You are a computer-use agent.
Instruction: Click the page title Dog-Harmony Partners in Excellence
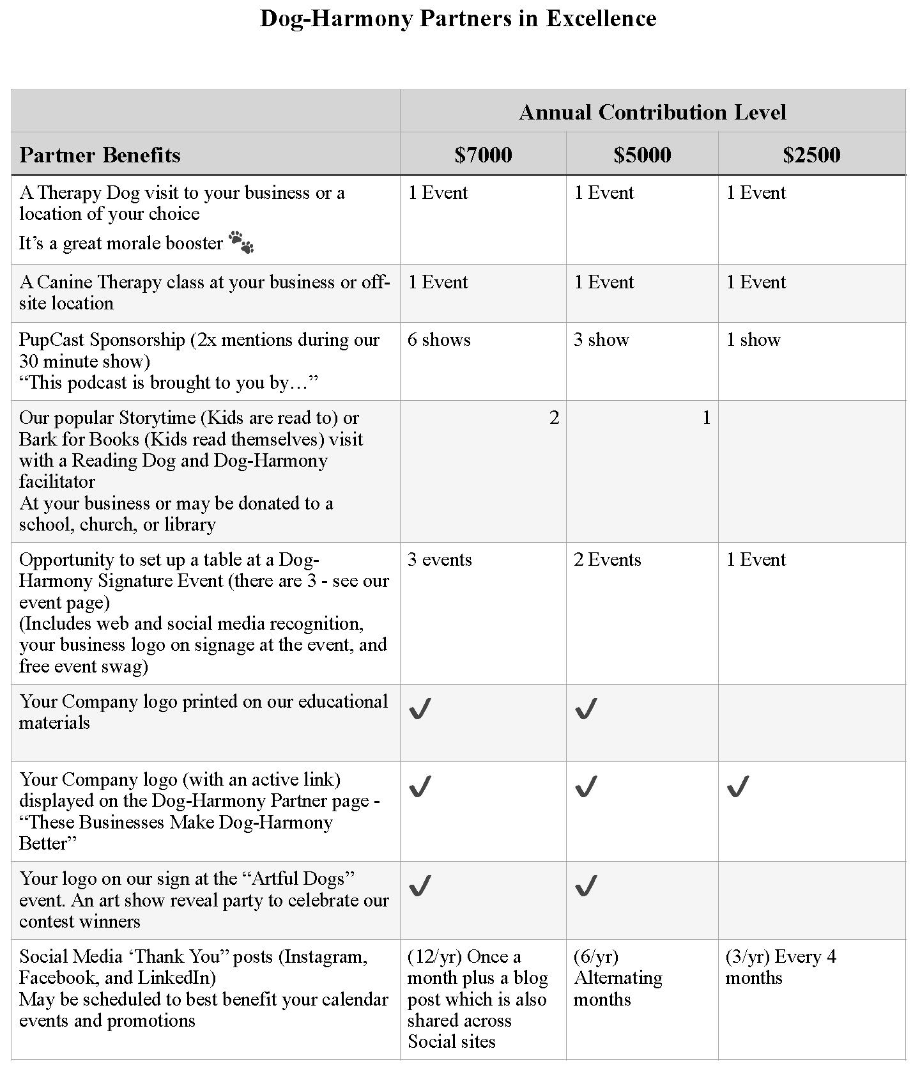[458, 18]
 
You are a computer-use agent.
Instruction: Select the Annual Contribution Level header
[652, 113]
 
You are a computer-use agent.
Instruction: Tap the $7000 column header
[483, 155]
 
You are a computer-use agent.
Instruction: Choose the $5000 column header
[642, 155]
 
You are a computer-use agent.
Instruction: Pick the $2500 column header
[811, 155]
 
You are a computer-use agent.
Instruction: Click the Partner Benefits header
[100, 155]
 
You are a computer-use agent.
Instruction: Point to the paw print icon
[241, 242]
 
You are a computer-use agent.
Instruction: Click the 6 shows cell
[439, 339]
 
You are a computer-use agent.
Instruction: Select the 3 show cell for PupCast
[601, 339]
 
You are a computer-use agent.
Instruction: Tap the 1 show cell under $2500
[753, 339]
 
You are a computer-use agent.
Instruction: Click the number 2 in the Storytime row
[554, 418]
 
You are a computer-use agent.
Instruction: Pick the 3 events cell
[440, 559]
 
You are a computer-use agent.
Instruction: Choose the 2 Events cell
[607, 559]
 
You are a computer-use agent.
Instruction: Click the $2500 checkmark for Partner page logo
[738, 787]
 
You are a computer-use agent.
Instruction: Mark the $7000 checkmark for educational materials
[420, 708]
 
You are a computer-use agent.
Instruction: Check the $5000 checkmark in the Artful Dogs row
[586, 886]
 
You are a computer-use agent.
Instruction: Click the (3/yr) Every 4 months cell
[781, 967]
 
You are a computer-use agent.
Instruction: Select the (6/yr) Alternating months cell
[617, 977]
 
